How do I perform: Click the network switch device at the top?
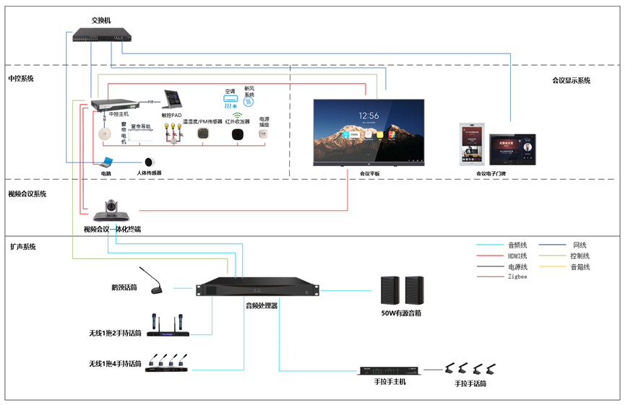[101, 34]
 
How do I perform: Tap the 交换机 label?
[101, 20]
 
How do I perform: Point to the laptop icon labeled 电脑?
[105, 162]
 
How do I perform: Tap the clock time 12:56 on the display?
[368, 116]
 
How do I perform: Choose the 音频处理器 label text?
[261, 305]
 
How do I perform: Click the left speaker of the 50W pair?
[389, 291]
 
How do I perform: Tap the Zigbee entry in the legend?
[517, 276]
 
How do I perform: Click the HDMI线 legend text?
[517, 256]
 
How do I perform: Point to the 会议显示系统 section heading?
[571, 80]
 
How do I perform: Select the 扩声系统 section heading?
[22, 247]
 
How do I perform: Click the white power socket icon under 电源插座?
[264, 134]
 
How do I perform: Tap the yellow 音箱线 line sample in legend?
[553, 266]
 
